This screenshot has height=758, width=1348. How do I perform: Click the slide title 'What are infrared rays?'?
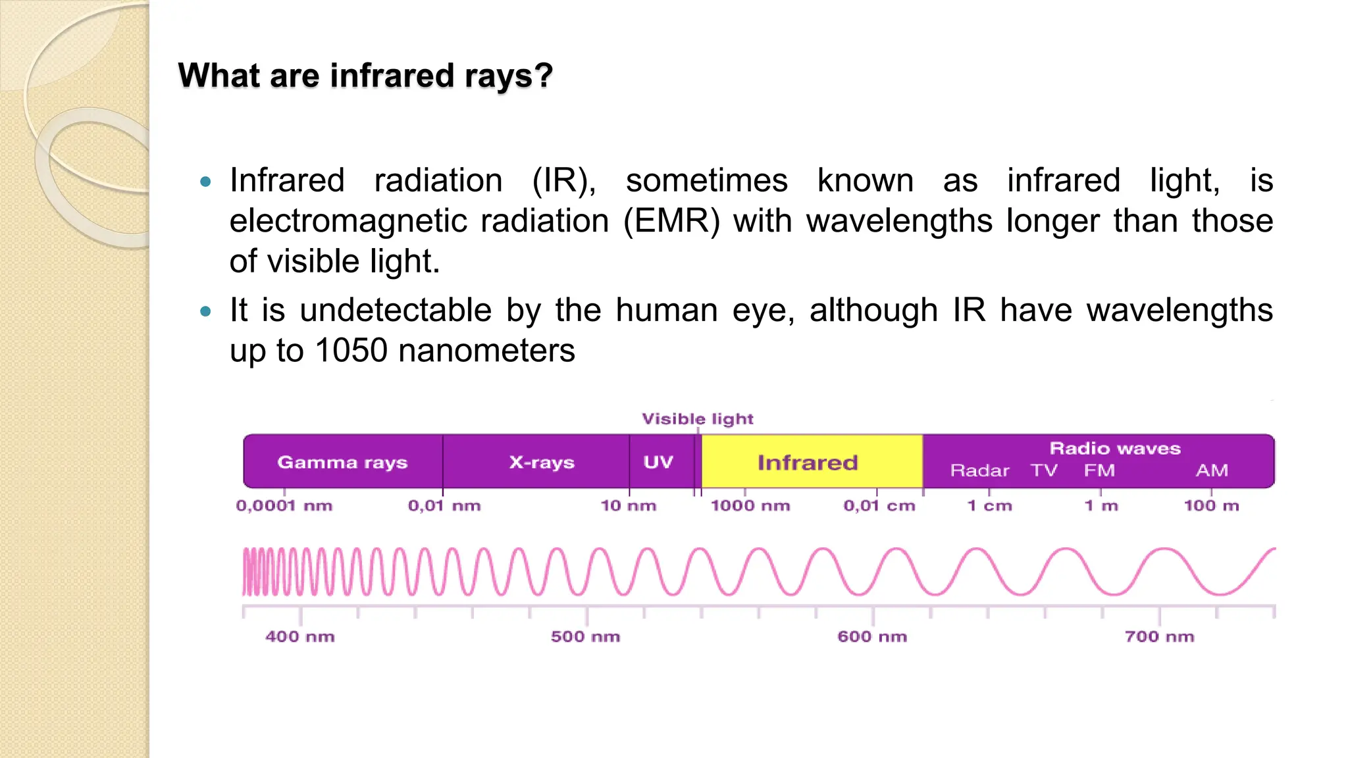click(365, 76)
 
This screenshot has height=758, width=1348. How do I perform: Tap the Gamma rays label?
click(342, 462)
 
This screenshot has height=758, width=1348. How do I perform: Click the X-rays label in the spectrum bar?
click(542, 462)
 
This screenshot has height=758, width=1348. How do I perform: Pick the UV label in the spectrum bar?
click(658, 462)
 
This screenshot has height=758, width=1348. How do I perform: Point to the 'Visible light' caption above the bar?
click(698, 418)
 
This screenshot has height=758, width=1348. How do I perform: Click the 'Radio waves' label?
click(1115, 448)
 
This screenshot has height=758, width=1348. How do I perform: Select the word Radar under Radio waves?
click(979, 470)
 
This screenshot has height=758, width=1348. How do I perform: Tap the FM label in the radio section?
click(1099, 470)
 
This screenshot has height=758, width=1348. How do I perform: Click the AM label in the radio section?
click(1212, 470)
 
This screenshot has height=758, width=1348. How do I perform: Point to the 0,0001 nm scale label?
click(284, 505)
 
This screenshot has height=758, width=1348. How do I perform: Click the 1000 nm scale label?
click(750, 505)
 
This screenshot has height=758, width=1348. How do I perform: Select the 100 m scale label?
click(1211, 505)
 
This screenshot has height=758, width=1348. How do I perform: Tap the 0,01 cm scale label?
click(879, 505)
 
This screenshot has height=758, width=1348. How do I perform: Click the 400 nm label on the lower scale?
click(300, 636)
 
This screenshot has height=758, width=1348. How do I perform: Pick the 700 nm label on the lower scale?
click(1159, 636)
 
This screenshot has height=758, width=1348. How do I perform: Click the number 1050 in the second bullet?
click(351, 350)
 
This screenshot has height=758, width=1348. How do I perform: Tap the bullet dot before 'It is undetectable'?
click(205, 311)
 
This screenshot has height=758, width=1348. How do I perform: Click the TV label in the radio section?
click(1044, 470)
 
